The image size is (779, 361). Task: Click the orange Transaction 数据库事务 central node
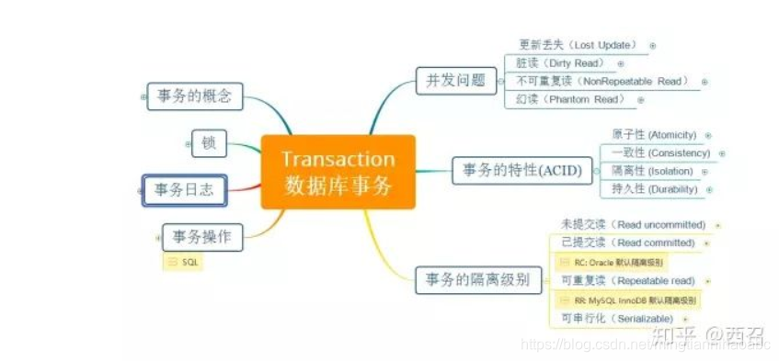[x=338, y=172]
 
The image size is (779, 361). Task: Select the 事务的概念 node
[x=193, y=96]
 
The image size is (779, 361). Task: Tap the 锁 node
[x=208, y=142]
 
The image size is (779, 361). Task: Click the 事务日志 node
[x=184, y=190]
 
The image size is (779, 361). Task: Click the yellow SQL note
[x=188, y=262]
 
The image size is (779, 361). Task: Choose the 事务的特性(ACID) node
[x=521, y=170]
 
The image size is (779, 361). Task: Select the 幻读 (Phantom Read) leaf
[x=570, y=100]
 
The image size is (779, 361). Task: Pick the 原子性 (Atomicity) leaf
[x=654, y=134]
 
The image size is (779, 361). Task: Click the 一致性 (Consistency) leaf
[x=659, y=152]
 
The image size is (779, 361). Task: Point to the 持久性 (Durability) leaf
[x=654, y=189]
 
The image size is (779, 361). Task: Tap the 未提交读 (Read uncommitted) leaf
[x=633, y=225]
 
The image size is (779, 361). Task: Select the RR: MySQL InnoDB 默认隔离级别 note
[x=635, y=299]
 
